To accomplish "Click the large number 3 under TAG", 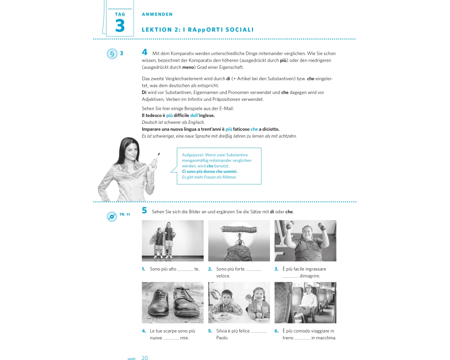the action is click(120, 26).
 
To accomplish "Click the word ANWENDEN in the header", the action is click(157, 14).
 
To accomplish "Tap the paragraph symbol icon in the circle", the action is click(112, 54).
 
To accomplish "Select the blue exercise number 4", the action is click(144, 52).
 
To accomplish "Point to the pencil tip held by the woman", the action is click(159, 153).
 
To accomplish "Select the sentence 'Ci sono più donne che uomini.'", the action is click(210, 171).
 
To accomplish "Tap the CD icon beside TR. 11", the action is click(112, 216).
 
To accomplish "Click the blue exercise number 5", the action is click(144, 211).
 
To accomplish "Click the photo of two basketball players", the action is click(172, 241).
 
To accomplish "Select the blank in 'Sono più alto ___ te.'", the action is click(185, 270).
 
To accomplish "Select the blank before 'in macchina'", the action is click(302, 339).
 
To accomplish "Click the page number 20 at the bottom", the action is click(144, 357).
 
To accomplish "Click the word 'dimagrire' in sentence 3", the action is click(310, 276).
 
